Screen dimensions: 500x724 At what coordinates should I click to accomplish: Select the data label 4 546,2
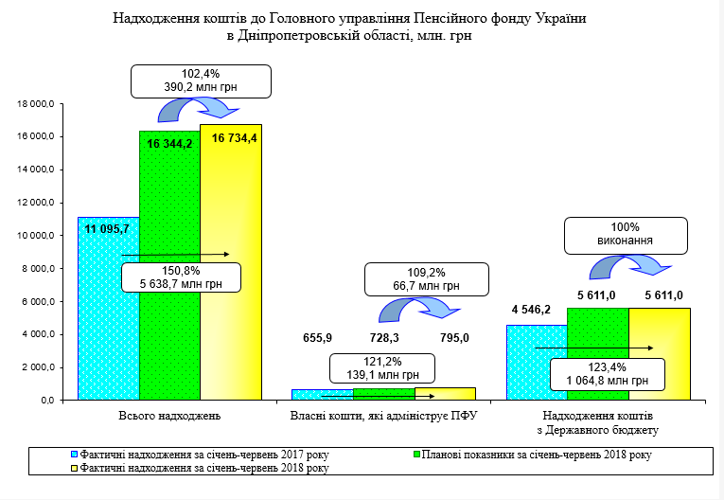pos(530,309)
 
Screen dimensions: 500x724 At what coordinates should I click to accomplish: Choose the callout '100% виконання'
pos(626,234)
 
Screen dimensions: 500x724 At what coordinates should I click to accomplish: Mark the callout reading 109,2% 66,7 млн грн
pos(428,277)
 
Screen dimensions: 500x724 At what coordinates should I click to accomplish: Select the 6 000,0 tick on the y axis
pos(38,302)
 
